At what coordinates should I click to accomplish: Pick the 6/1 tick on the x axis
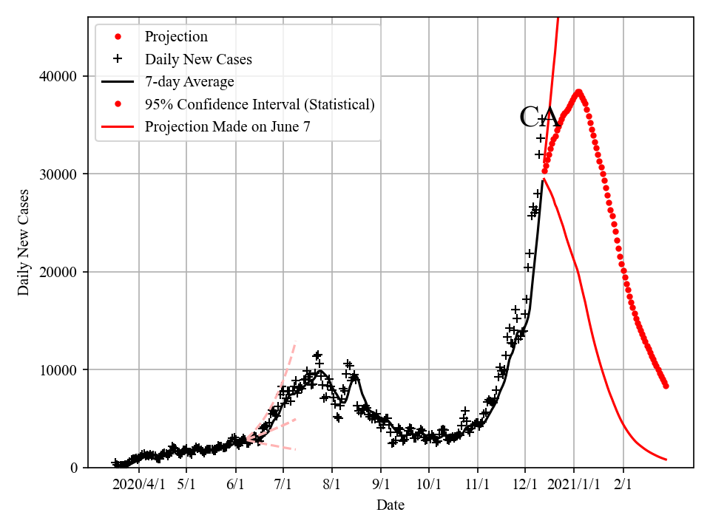(236, 485)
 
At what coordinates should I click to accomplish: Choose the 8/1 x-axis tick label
(332, 485)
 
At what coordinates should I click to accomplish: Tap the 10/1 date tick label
(429, 485)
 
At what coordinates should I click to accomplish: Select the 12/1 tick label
(525, 485)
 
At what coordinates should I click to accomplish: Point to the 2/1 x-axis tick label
(623, 485)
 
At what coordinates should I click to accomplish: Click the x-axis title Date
(390, 505)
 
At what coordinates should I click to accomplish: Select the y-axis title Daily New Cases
(24, 242)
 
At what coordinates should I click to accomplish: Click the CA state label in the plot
(538, 117)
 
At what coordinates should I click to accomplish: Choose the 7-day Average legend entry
(189, 81)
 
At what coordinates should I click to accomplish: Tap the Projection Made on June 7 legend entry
(227, 126)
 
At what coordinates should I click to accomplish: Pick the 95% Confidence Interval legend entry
(260, 104)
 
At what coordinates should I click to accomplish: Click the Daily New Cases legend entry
(198, 59)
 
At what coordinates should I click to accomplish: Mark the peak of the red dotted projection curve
(578, 92)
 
